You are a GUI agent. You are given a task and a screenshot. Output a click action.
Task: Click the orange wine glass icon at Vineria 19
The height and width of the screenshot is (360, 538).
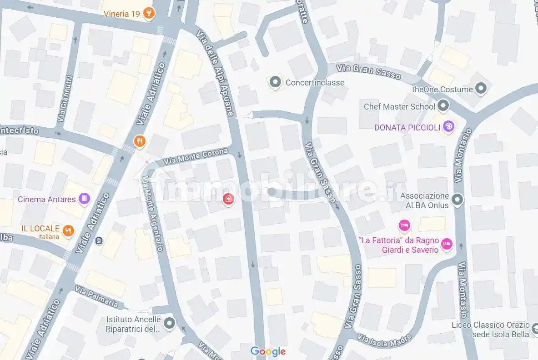(x=148, y=14)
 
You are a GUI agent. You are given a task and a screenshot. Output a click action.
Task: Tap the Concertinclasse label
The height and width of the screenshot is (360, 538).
(x=315, y=83)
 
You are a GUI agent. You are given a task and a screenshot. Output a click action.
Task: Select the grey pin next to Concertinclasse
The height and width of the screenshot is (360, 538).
(x=275, y=83)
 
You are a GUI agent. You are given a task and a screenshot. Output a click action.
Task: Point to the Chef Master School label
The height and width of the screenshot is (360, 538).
(x=399, y=107)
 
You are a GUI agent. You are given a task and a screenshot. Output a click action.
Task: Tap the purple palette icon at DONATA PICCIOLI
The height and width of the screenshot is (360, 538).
(x=448, y=127)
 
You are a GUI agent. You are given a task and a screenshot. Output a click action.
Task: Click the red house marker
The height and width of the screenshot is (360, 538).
(x=228, y=199)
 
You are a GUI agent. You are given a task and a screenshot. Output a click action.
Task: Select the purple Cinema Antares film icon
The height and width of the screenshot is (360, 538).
(x=84, y=199)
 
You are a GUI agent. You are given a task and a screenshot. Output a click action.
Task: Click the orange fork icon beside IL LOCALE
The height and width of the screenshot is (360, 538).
(x=68, y=230)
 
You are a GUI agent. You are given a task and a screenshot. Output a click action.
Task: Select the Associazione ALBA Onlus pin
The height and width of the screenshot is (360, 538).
(x=457, y=199)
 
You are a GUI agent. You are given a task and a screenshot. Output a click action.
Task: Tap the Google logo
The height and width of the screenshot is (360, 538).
(x=268, y=351)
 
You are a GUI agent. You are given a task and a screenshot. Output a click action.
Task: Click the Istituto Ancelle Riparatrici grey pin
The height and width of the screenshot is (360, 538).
(x=170, y=324)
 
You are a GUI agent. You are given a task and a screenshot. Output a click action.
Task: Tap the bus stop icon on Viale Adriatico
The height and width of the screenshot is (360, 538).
(x=100, y=240)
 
